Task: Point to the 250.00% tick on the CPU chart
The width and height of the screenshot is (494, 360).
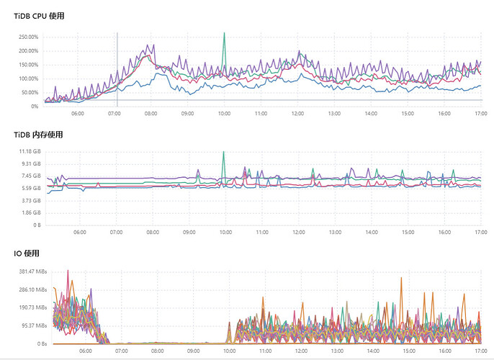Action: [x=28, y=37]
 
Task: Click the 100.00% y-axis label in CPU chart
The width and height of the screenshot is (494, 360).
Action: [x=28, y=78]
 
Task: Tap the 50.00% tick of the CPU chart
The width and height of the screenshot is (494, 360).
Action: [x=30, y=92]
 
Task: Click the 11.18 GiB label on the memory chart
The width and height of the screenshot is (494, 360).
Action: [x=28, y=151]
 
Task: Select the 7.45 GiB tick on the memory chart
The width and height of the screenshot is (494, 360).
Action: [x=30, y=176]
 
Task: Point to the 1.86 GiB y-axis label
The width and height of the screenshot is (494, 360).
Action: [x=30, y=213]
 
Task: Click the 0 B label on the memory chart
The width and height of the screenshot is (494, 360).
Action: [x=35, y=225]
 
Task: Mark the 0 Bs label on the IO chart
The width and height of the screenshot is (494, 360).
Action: [x=33, y=344]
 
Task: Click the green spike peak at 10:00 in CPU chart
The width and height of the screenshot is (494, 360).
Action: [x=224, y=33]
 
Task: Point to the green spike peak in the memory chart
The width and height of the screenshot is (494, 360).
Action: [x=224, y=152]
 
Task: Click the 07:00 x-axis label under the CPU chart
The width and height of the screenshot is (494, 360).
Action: [x=114, y=113]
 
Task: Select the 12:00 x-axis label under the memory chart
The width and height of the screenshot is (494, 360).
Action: [x=298, y=233]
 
